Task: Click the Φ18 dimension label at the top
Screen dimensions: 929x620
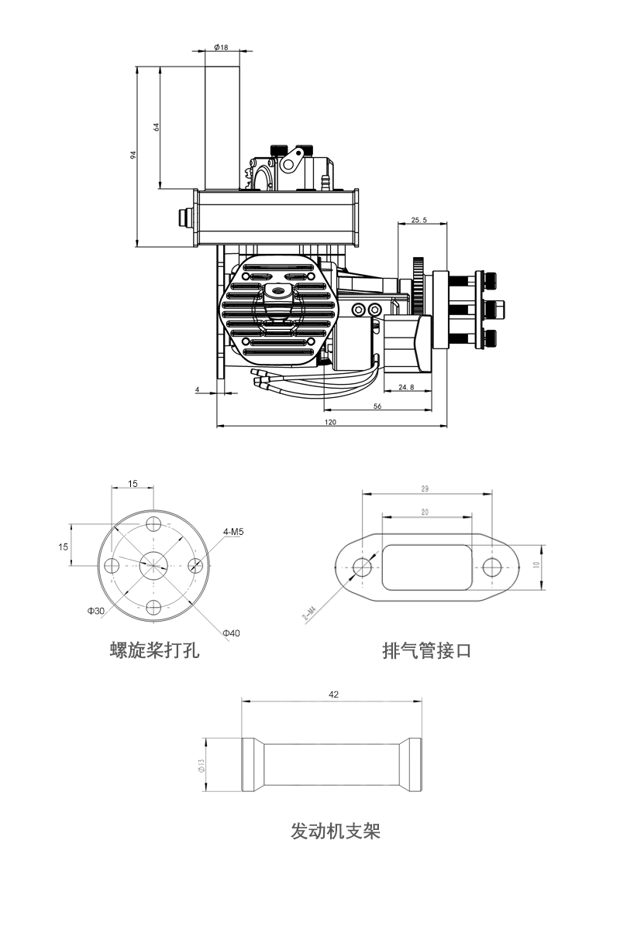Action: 221,48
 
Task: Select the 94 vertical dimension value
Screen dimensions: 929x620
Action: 133,155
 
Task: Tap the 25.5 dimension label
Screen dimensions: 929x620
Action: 418,221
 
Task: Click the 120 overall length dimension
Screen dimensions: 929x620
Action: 331,422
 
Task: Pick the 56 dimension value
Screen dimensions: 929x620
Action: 377,406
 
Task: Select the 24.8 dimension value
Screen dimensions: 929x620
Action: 405,386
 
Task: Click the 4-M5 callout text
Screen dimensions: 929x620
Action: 233,532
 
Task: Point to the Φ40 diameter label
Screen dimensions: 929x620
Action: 231,633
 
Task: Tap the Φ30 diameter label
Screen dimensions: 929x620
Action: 96,611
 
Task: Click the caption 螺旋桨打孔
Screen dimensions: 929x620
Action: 155,650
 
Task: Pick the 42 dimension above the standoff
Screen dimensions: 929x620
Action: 334,695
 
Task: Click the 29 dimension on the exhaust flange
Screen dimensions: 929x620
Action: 425,488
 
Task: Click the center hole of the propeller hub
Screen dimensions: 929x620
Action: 153,564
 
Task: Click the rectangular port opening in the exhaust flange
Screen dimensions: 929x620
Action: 427,567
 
